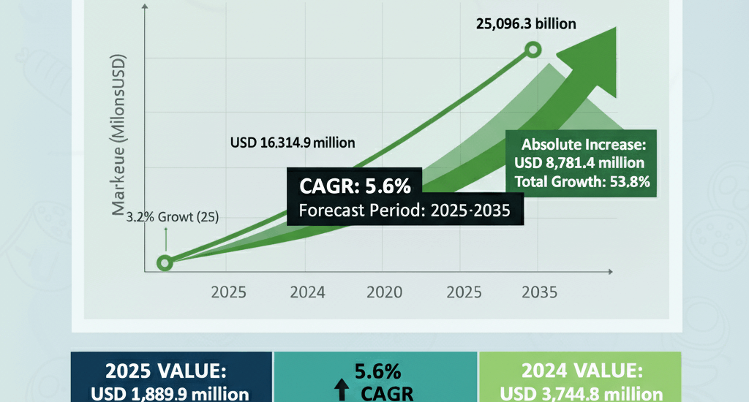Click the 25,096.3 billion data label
(526, 23)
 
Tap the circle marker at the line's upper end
(533, 50)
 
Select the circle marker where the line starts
(165, 263)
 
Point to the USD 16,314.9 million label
(292, 143)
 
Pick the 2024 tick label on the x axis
(307, 293)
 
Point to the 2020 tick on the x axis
(385, 293)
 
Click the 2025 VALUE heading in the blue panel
(170, 369)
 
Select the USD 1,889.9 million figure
(170, 393)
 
